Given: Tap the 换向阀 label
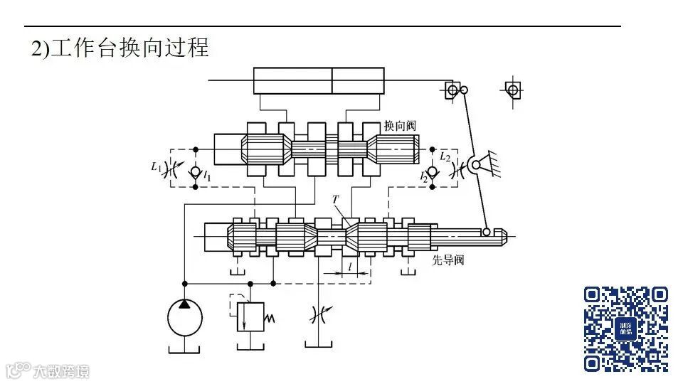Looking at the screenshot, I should click(x=399, y=125).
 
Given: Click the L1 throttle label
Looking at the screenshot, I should click(x=155, y=167).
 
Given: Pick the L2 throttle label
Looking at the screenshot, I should click(x=445, y=155).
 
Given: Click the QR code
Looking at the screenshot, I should click(x=626, y=329).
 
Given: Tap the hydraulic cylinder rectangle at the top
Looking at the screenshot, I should click(x=319, y=80).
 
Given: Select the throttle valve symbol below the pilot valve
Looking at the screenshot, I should click(x=318, y=314).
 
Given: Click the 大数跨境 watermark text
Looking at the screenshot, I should click(x=60, y=370).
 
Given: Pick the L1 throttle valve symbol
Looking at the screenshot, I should click(x=171, y=171).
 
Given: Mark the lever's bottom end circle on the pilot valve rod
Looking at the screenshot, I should click(x=487, y=232).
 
